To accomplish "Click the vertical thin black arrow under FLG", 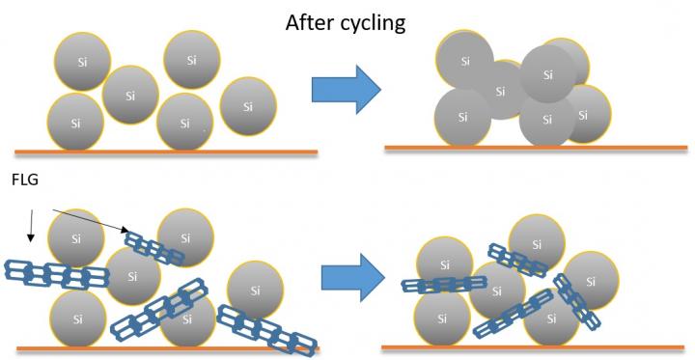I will click(x=30, y=222).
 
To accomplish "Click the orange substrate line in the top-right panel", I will click(x=536, y=148).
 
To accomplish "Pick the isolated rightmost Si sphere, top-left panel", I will click(x=248, y=106).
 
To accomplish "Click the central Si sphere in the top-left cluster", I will click(x=130, y=95).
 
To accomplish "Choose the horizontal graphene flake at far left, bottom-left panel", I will click(x=56, y=276).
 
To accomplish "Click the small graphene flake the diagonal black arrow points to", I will click(x=155, y=247).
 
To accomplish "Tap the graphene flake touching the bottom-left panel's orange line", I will click(x=267, y=330).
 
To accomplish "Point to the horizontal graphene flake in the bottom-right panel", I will click(x=444, y=285).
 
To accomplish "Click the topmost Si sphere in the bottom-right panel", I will click(x=537, y=242).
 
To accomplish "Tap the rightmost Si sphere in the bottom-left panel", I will click(x=256, y=291).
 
